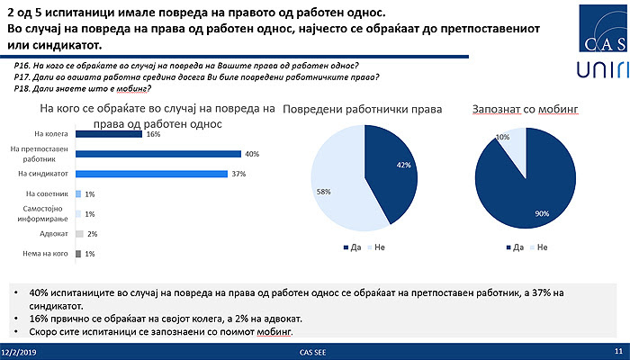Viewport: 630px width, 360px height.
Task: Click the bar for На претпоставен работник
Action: (158, 154)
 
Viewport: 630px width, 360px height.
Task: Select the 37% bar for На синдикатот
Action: (152, 174)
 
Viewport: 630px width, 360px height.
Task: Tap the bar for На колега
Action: (109, 134)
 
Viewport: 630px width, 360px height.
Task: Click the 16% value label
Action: (153, 134)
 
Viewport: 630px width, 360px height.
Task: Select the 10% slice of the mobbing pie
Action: (512, 144)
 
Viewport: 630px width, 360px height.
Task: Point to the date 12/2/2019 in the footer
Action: (18, 351)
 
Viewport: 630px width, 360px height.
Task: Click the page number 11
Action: (618, 351)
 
